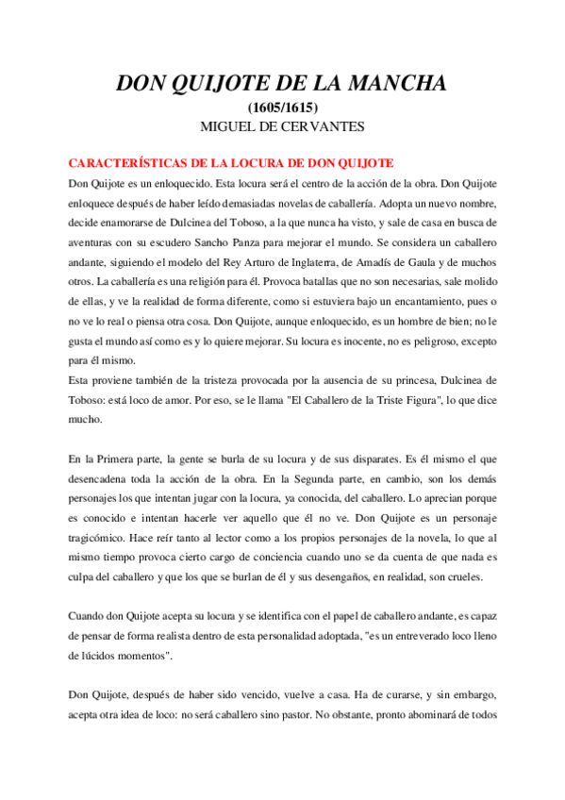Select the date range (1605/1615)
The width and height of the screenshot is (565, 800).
coord(282,108)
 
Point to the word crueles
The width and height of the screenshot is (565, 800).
coord(465,576)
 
